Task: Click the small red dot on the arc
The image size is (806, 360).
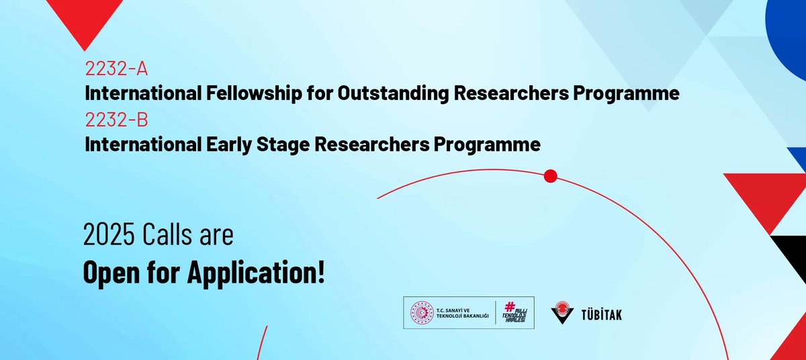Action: click(551, 177)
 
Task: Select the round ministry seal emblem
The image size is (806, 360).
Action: click(422, 313)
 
